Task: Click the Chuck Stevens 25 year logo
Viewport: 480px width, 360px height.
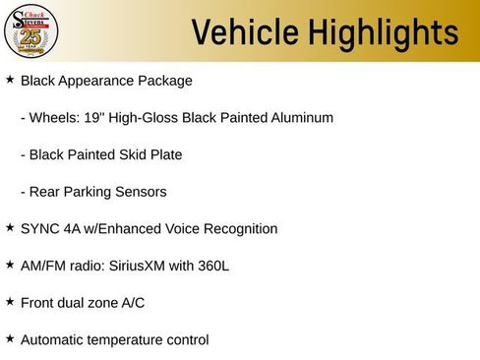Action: [x=32, y=30]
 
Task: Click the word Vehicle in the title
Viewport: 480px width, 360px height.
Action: [x=244, y=32]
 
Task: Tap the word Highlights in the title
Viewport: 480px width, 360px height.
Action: [x=383, y=32]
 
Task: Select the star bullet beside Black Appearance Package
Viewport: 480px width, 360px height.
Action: [x=10, y=78]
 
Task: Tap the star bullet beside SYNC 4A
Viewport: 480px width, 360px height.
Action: [x=10, y=226]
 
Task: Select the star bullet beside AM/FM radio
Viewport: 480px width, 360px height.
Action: [x=10, y=264]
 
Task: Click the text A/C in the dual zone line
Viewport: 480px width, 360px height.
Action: [x=132, y=303]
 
